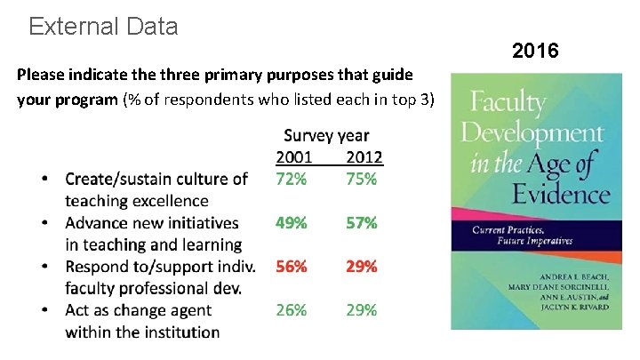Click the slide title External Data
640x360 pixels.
(103, 27)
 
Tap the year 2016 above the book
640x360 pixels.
(535, 51)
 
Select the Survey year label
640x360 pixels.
(325, 136)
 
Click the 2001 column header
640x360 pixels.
(293, 157)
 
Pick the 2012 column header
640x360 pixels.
(364, 157)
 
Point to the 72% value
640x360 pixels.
(292, 179)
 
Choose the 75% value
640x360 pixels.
(362, 179)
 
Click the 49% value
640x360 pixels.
(292, 223)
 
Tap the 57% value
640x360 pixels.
(362, 223)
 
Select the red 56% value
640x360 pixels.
(292, 267)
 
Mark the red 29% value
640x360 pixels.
(362, 267)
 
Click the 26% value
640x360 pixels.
(292, 310)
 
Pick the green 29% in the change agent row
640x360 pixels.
(362, 310)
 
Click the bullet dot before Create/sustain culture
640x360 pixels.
(44, 180)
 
